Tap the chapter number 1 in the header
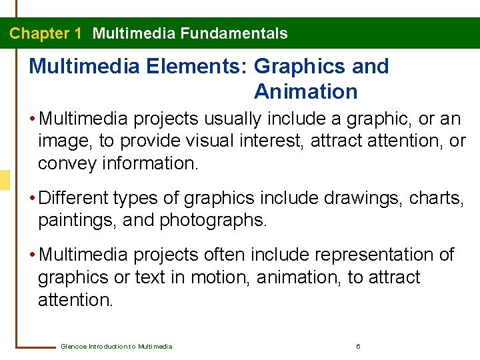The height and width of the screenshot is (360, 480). point(78,33)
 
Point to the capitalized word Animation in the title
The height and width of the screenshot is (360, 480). point(306,91)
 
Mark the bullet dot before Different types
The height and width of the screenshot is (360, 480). point(33,198)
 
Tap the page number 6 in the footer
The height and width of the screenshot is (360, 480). point(359,346)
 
